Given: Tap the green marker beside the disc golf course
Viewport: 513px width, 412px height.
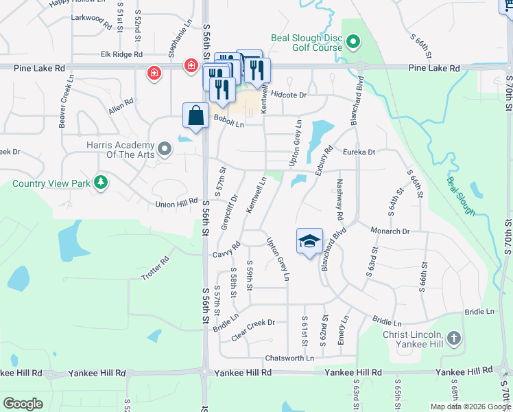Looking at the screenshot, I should (x=353, y=43).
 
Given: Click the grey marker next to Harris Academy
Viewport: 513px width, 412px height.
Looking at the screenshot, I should (x=164, y=148).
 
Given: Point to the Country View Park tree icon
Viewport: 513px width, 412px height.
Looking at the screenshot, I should (x=102, y=183).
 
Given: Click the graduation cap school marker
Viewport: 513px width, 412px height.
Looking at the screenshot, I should (x=309, y=241).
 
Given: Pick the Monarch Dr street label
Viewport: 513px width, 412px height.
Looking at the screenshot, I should (x=390, y=231).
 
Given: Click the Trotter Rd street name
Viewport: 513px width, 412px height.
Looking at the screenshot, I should (x=155, y=268).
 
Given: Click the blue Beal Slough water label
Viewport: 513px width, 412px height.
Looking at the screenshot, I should (x=461, y=196).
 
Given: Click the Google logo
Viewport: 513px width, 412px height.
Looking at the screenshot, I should (x=23, y=403).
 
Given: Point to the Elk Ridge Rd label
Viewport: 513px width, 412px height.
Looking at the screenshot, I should (x=121, y=54).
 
